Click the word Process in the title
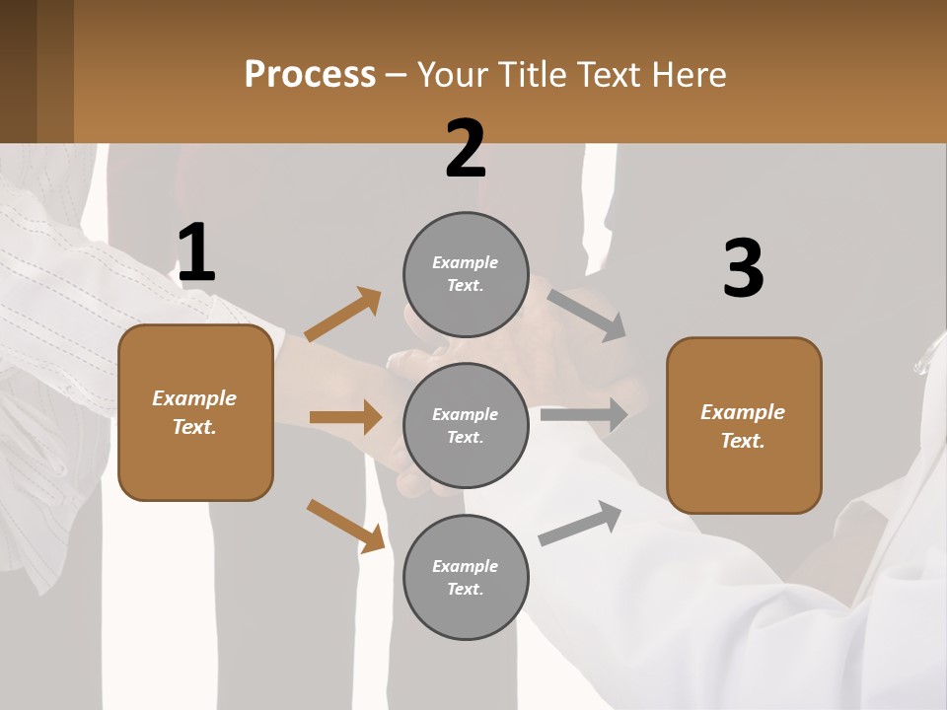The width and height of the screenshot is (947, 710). [x=310, y=75]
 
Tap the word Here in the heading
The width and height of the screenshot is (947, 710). [x=686, y=75]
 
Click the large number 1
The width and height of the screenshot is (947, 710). [x=196, y=252]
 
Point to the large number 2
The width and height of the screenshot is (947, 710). [x=466, y=149]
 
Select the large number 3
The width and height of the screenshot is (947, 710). [x=743, y=269]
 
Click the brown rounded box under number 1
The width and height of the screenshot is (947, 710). [x=195, y=412]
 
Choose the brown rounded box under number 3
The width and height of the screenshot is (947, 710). [x=744, y=425]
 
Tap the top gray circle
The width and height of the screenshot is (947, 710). [x=466, y=274]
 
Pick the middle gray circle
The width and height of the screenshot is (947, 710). [x=466, y=425]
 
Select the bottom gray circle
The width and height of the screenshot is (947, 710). [x=466, y=577]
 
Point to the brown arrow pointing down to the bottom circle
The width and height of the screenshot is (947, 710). [x=345, y=526]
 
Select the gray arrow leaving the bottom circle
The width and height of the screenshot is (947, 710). [x=580, y=523]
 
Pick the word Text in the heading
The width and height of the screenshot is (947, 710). [x=606, y=75]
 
